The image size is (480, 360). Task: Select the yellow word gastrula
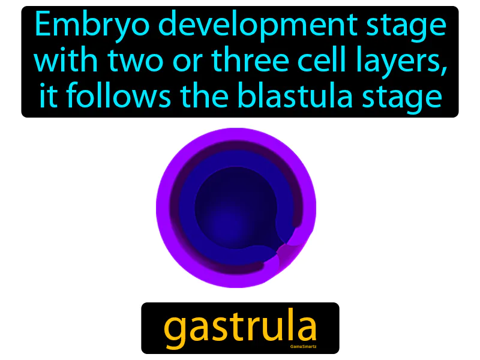240,327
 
